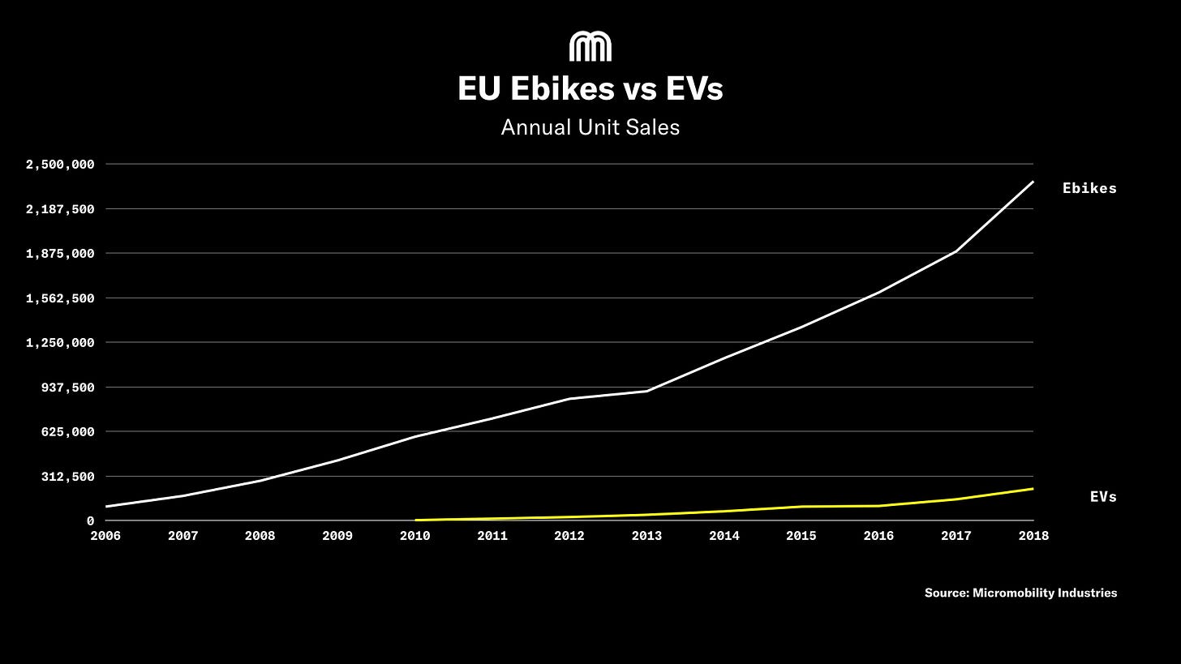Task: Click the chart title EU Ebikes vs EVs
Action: (590, 88)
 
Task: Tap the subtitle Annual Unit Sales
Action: (590, 127)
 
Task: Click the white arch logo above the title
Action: (590, 47)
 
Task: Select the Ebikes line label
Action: (1089, 188)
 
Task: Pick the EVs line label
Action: (1103, 497)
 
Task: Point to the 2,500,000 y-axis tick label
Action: (60, 165)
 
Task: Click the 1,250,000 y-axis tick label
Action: (60, 343)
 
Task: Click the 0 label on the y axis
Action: (90, 521)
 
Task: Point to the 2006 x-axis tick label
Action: (105, 536)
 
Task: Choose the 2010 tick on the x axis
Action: (414, 536)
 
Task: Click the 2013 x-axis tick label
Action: (646, 536)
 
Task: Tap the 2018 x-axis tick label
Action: (1033, 536)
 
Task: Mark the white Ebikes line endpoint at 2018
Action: (1033, 182)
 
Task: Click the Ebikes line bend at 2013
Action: (646, 391)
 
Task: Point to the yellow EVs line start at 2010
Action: (416, 520)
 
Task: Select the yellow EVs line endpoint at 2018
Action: (1033, 488)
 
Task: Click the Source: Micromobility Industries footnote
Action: (1020, 593)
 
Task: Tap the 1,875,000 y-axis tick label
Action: (60, 254)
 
